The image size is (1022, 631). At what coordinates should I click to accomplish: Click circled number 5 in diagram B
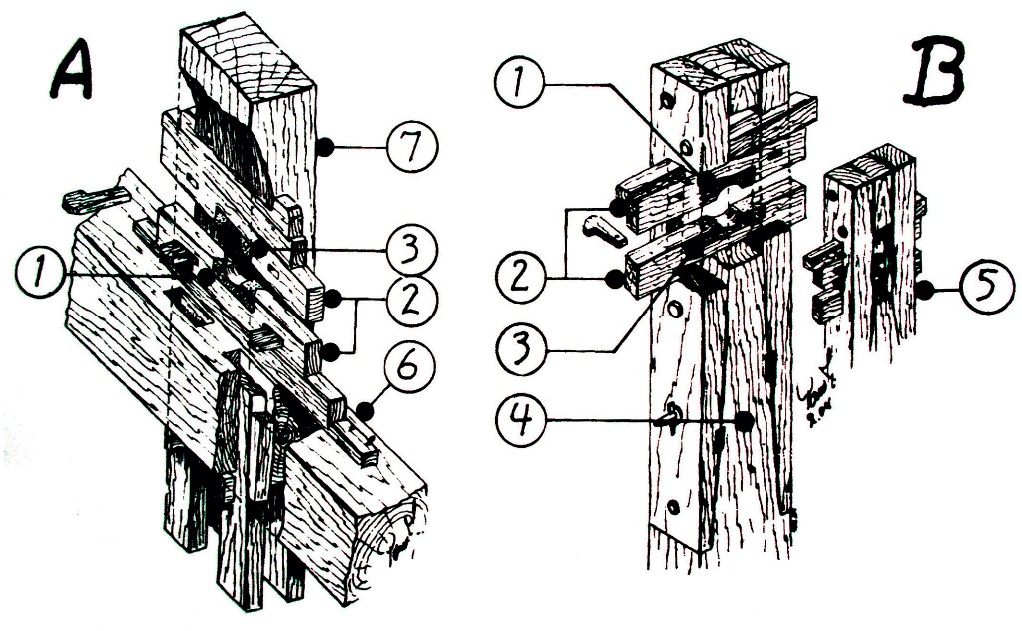(984, 292)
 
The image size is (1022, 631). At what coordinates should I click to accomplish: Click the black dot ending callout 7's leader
(325, 148)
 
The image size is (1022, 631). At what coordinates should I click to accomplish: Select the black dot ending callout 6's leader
(365, 409)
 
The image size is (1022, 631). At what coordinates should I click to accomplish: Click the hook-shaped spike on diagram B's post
(670, 413)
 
